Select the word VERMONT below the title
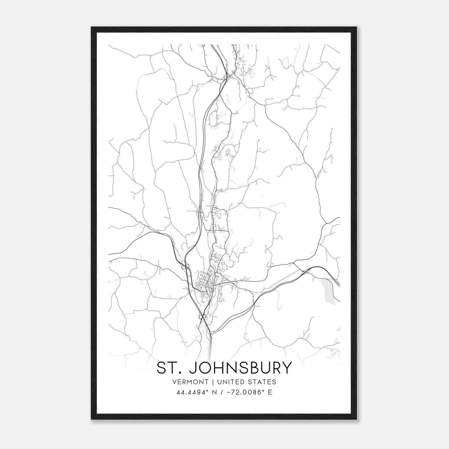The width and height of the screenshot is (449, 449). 191,382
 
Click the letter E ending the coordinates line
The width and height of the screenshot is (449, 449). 270,392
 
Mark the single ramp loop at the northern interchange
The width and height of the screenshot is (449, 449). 225,78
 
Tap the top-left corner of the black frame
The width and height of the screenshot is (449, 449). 91,27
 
